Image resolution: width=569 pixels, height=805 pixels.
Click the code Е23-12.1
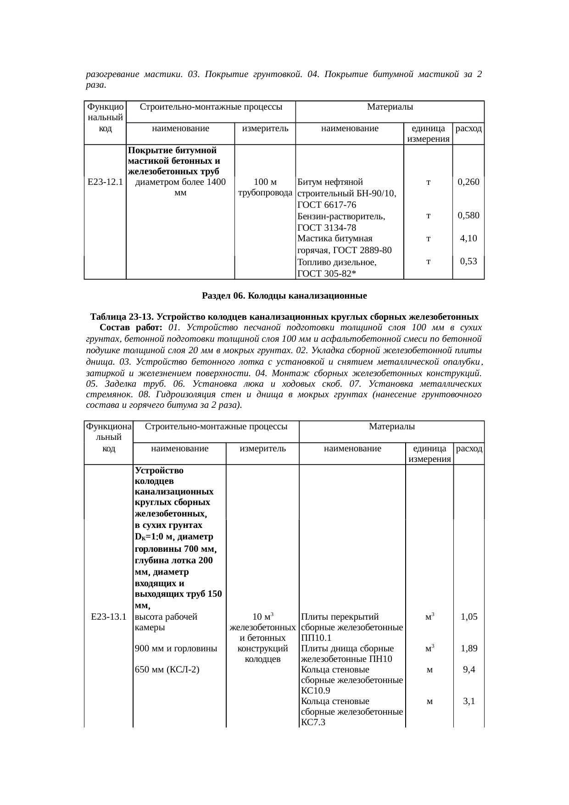(x=105, y=182)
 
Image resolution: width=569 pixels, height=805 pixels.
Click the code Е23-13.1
(x=109, y=616)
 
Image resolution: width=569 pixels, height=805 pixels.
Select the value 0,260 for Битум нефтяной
(x=469, y=182)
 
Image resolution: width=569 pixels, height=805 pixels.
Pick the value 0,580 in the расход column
(x=469, y=215)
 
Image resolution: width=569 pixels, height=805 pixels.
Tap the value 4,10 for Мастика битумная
(x=469, y=239)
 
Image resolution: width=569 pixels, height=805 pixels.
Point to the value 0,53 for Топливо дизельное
(x=469, y=261)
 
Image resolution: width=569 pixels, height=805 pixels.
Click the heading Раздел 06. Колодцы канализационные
(x=284, y=296)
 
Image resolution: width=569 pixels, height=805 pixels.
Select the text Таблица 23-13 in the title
(x=121, y=317)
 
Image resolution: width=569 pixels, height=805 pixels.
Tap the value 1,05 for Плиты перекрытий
(x=469, y=616)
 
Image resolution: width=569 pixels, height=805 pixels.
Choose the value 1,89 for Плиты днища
(x=469, y=649)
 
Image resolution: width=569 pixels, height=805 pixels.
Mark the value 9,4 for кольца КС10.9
(x=469, y=670)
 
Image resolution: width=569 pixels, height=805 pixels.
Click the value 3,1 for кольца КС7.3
(x=469, y=701)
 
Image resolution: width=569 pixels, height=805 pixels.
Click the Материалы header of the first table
(x=390, y=107)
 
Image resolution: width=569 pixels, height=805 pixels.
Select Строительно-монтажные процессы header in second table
(x=216, y=427)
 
